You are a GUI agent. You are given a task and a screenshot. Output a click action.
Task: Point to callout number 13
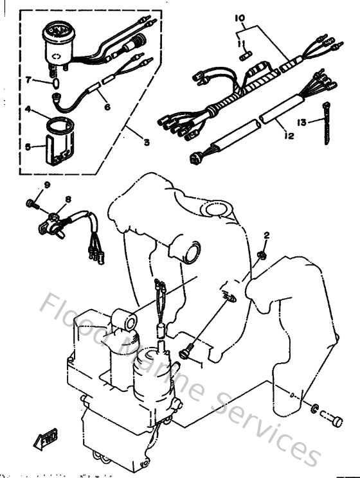pos(302,121)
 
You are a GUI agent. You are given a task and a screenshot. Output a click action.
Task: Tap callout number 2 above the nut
pos(266,236)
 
